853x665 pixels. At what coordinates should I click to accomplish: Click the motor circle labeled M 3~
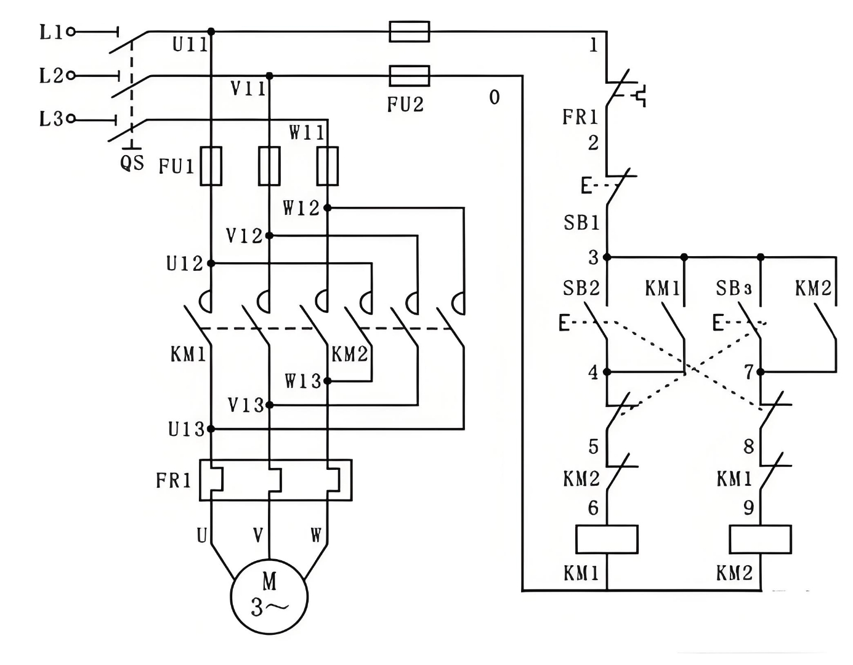[269, 596]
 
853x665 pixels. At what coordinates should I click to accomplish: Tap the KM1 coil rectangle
[607, 539]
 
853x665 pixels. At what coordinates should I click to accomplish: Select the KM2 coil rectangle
[760, 539]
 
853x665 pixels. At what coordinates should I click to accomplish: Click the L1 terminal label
[51, 32]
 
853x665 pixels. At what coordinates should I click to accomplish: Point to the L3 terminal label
[51, 119]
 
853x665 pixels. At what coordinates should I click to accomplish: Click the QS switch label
[132, 163]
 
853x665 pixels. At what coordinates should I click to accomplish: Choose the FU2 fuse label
[405, 105]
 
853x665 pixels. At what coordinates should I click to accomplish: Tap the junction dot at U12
[211, 264]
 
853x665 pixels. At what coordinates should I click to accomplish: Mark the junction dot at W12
[328, 208]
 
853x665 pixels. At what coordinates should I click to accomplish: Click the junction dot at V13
[269, 405]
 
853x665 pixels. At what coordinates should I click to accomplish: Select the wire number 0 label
[495, 97]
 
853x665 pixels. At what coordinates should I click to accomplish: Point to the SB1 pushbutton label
[581, 222]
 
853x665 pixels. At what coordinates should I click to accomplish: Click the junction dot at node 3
[607, 257]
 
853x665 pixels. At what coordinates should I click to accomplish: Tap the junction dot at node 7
[760, 372]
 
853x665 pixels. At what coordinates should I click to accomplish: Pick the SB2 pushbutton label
[581, 288]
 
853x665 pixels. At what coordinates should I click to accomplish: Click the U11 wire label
[190, 44]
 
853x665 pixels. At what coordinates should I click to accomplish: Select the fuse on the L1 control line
[410, 31]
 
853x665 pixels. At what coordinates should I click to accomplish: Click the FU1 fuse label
[176, 166]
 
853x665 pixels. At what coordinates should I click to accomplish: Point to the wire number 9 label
[748, 507]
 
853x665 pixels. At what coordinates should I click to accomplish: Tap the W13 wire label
[303, 381]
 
